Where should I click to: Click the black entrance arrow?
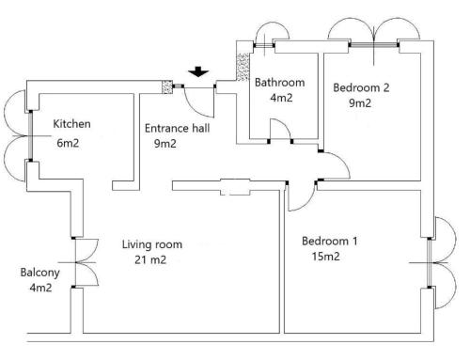198,71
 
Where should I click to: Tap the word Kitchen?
71,124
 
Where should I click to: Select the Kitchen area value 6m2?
68,143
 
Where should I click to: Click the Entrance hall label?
177,128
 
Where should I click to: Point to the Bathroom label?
279,83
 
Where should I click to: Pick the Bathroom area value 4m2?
281,98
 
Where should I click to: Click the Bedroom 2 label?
361,87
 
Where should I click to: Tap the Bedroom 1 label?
329,241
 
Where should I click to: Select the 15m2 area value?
326,257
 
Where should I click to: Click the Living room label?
152,244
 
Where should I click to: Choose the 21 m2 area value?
150,259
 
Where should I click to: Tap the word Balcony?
39,273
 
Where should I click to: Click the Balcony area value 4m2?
40,288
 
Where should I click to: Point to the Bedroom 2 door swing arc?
342,161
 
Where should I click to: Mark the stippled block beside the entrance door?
167,86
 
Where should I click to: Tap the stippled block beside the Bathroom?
243,67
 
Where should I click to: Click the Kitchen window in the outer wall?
30,136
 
